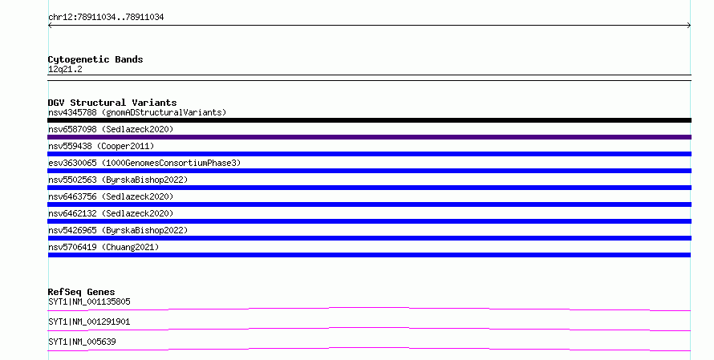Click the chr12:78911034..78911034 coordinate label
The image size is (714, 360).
[x=106, y=18]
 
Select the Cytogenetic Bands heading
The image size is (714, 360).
[x=95, y=59]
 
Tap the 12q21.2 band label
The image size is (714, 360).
[x=65, y=69]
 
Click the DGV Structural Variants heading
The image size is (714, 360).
[x=112, y=103]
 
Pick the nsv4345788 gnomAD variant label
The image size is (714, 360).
[x=137, y=112]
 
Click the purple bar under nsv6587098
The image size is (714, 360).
[x=369, y=137]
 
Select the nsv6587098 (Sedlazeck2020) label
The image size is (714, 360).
[x=111, y=129]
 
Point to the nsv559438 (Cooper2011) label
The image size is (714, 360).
[x=101, y=146]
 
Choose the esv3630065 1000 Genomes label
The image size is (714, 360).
[x=144, y=163]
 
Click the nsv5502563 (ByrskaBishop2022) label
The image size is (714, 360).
[x=118, y=180]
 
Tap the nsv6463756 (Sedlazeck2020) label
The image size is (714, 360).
[x=111, y=196]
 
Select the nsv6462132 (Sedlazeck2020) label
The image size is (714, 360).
[x=111, y=213]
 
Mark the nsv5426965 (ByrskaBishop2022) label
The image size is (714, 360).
[x=118, y=230]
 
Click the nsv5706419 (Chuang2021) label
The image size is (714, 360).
[x=103, y=247]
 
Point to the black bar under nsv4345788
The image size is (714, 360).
[x=369, y=120]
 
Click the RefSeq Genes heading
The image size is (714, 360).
[x=81, y=292]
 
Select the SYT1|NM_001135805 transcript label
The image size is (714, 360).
[x=89, y=301]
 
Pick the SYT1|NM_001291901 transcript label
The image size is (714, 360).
[x=89, y=322]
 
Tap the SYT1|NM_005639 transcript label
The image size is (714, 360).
[x=82, y=342]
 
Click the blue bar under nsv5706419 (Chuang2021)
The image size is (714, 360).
[x=369, y=255]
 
